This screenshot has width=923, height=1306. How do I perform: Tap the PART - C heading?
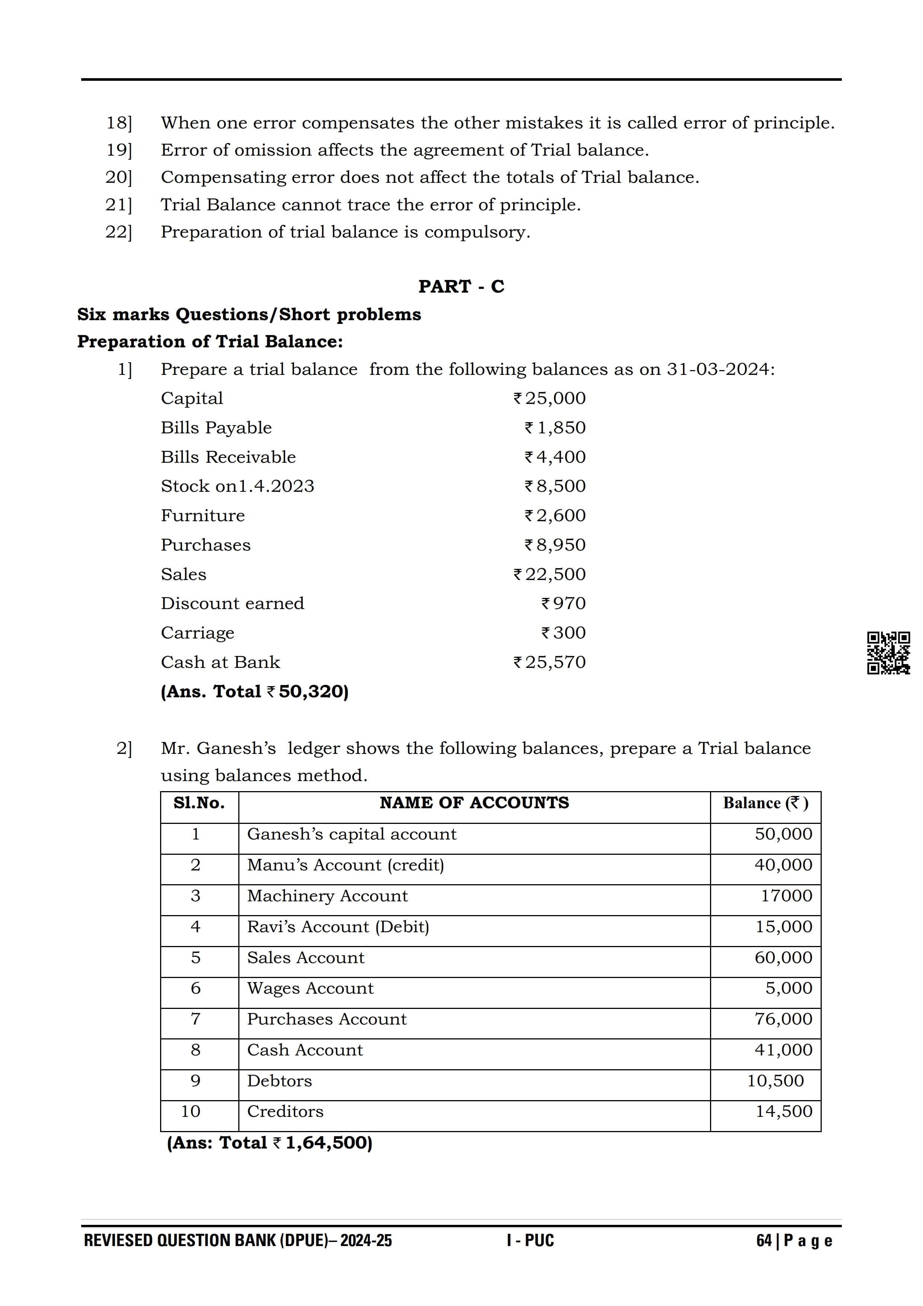(x=461, y=286)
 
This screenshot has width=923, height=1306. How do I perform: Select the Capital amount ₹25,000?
(x=549, y=398)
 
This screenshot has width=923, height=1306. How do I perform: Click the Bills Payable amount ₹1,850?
(x=555, y=428)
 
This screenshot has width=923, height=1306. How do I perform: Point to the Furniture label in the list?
(x=203, y=515)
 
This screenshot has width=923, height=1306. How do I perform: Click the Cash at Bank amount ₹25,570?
(x=549, y=662)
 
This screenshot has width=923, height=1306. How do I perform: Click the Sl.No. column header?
(x=199, y=803)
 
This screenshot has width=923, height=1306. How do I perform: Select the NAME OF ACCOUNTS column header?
(x=474, y=803)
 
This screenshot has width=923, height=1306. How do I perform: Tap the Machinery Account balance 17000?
(x=786, y=896)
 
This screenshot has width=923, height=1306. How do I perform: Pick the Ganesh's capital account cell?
(x=351, y=834)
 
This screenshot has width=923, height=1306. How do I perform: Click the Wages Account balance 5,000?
(x=789, y=988)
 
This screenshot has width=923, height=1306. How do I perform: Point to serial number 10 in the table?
(x=191, y=1111)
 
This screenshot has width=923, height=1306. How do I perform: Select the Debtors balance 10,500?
(x=775, y=1081)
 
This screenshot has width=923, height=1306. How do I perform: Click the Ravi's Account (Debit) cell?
(x=338, y=927)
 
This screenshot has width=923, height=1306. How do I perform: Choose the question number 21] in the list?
(x=118, y=205)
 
